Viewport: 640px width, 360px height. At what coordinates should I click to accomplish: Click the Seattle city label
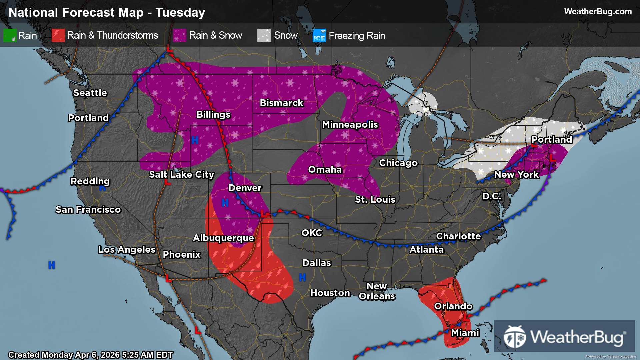[90, 93]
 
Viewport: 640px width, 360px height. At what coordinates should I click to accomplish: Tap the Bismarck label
[281, 103]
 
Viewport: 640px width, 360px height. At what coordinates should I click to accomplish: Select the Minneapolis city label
[350, 124]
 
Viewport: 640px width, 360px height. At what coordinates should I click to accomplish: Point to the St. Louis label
[375, 199]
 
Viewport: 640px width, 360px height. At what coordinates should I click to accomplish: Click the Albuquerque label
[223, 238]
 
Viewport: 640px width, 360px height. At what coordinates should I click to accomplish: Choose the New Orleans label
[377, 291]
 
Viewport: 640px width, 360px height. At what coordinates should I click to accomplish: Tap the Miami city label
[465, 333]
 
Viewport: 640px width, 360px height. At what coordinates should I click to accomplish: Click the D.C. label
[492, 196]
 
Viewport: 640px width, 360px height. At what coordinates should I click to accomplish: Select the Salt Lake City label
[181, 174]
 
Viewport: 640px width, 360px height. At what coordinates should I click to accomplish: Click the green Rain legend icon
[10, 35]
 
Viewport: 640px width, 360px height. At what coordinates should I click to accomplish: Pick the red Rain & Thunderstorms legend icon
[58, 35]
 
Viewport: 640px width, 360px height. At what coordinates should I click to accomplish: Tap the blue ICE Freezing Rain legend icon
[319, 35]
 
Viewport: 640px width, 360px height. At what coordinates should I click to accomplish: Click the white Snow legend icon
[264, 35]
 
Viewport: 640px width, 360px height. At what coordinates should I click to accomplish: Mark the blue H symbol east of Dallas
[302, 277]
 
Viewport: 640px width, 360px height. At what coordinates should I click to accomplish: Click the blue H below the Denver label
[225, 202]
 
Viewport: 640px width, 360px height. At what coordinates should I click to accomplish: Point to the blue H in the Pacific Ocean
[51, 265]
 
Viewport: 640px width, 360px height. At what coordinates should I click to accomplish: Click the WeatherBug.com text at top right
[598, 12]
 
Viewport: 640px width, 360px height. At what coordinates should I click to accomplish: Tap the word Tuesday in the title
[180, 13]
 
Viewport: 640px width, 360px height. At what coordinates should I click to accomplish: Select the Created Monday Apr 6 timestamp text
[90, 355]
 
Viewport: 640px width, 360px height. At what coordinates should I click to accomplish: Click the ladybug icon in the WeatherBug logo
[515, 337]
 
